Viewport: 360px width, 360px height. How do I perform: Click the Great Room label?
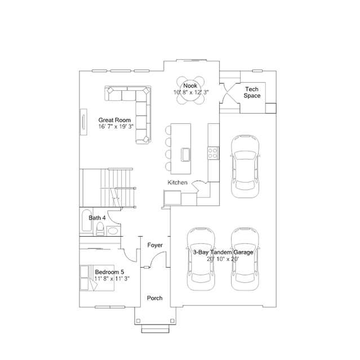point(114,120)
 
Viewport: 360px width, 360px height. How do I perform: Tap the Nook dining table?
point(190,91)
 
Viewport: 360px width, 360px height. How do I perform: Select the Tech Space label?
point(252,92)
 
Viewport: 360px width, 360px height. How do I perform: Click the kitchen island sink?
point(186,154)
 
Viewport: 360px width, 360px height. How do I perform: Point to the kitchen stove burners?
point(213,153)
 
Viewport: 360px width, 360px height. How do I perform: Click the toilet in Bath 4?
point(100,229)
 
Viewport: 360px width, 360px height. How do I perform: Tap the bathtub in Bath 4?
point(87,221)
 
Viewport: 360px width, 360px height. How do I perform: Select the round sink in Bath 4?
point(113,230)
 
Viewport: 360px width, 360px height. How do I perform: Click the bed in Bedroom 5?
point(97,278)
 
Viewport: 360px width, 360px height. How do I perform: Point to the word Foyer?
point(155,245)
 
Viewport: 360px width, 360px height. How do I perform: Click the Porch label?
point(155,298)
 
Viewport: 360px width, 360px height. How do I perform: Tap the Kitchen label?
point(177,183)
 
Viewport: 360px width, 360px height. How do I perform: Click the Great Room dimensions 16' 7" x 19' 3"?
point(116,127)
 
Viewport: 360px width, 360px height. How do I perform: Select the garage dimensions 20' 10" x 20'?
point(223,259)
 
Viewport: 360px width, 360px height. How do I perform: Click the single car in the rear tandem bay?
point(246,166)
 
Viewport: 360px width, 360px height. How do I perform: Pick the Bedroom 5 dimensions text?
point(112,278)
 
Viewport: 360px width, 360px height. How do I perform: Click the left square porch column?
point(138,321)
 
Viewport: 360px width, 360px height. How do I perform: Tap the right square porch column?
point(172,321)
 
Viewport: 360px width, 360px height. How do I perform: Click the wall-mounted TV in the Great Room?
point(83,122)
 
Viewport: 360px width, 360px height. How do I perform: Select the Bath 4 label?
point(97,217)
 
